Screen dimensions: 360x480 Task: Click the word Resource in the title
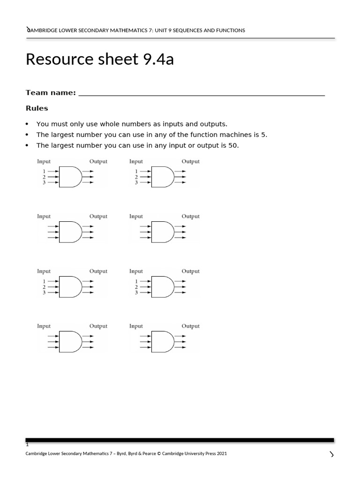56,60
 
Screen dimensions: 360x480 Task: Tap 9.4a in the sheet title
157,60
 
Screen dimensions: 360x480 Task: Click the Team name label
50,93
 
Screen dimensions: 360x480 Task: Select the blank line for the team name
202,94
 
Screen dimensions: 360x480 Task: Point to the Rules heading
37,108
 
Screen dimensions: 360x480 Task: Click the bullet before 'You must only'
27,124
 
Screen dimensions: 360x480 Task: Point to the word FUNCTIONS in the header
227,30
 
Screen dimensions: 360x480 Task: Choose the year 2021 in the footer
222,454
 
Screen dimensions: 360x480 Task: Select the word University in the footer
194,454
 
